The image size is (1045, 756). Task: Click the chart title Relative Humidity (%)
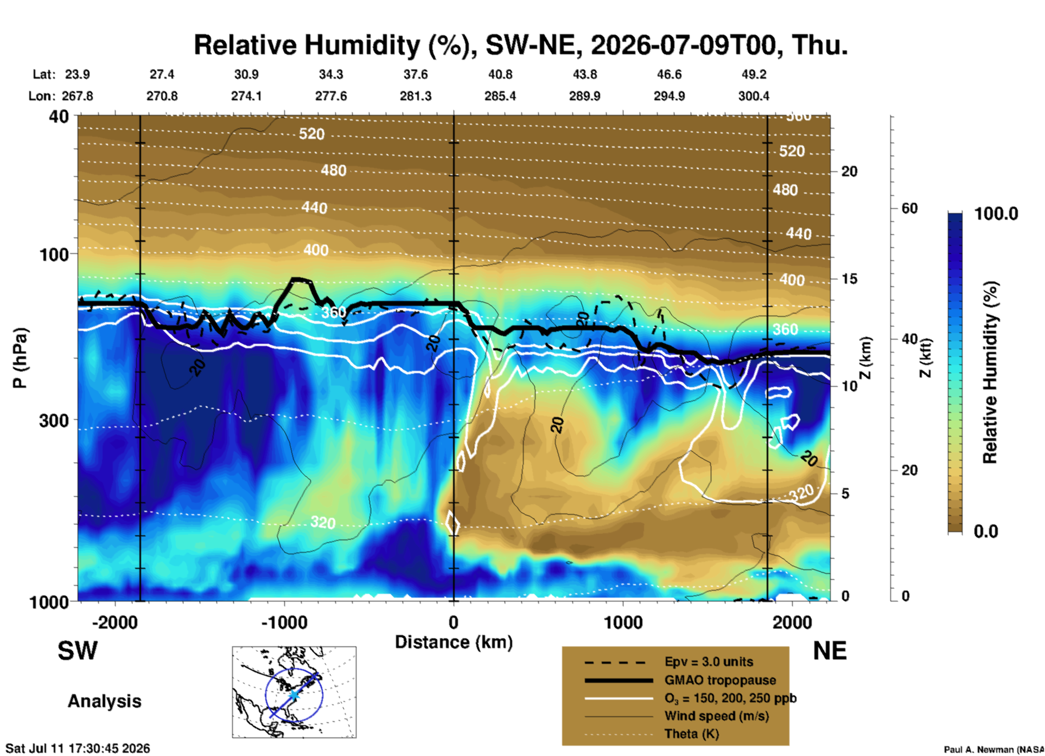[331, 46]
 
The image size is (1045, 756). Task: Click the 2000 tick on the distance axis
[792, 622]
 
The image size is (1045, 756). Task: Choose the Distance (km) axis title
[454, 642]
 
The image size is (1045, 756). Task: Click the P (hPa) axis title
[20, 358]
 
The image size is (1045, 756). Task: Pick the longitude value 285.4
[500, 96]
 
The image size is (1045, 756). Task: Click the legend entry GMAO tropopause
[720, 680]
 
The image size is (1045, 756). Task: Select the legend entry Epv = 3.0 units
[709, 662]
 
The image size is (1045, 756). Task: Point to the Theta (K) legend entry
[691, 734]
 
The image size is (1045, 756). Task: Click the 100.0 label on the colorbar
[996, 214]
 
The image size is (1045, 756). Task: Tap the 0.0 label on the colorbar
[985, 531]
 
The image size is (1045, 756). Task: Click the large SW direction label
[78, 651]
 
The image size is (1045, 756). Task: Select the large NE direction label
[829, 651]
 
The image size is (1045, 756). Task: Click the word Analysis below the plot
[104, 701]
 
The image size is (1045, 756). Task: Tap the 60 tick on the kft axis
[910, 208]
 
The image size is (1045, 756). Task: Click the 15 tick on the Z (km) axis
[849, 279]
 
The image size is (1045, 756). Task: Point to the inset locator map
[294, 692]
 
